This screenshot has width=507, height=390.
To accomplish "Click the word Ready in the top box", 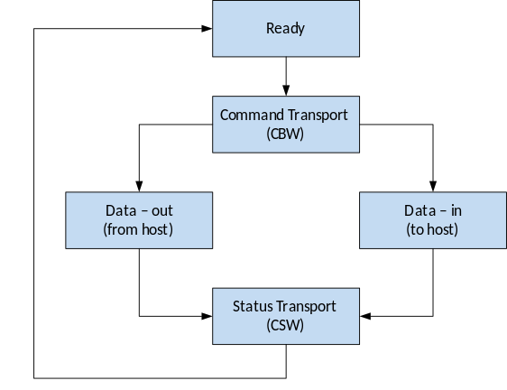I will click(x=285, y=28).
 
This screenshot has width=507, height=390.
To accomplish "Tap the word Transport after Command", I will click(x=316, y=116).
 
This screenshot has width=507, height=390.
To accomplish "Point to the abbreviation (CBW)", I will click(x=285, y=135).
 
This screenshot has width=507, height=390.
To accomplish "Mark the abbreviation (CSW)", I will click(x=285, y=325).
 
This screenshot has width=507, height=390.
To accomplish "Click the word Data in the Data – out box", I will click(x=120, y=210).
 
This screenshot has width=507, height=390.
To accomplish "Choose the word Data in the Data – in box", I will click(x=419, y=210).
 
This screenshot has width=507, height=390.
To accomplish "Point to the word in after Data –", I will click(x=456, y=210).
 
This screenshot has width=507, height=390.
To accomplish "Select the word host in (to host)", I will click(x=440, y=229).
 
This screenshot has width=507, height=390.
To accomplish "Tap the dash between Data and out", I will click(x=142, y=210).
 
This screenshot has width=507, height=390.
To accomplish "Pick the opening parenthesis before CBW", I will click(x=269, y=135).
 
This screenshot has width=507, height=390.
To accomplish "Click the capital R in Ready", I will click(x=270, y=28).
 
